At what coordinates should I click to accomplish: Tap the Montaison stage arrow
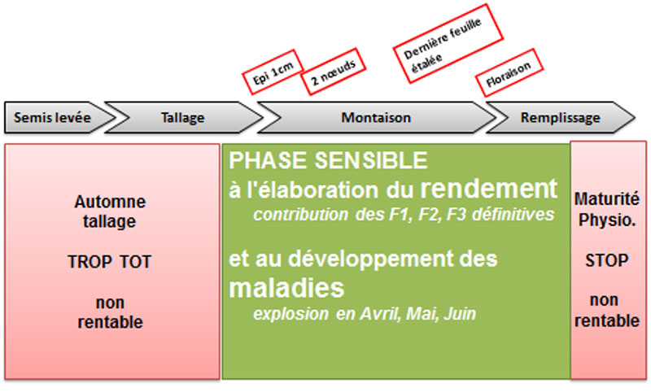[x=376, y=117]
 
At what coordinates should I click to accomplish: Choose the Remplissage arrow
[x=561, y=117]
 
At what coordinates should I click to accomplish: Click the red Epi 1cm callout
[x=273, y=72]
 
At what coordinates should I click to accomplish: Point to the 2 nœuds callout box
[x=334, y=72]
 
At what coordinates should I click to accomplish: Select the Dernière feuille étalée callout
[x=448, y=44]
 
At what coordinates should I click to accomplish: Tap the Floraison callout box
[x=509, y=74]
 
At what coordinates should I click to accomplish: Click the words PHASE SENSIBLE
[x=328, y=160]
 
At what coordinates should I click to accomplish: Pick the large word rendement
[x=489, y=189]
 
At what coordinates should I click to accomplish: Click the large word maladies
[x=286, y=288]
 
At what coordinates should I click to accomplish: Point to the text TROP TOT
[x=110, y=262]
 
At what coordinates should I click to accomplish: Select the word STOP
[x=607, y=260]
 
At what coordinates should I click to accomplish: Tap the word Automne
[x=110, y=202]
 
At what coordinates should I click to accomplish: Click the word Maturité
[x=607, y=198]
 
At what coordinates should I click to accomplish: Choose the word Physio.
[x=607, y=220]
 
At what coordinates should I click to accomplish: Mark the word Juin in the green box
[x=460, y=314]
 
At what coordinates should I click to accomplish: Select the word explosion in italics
[x=291, y=314]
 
